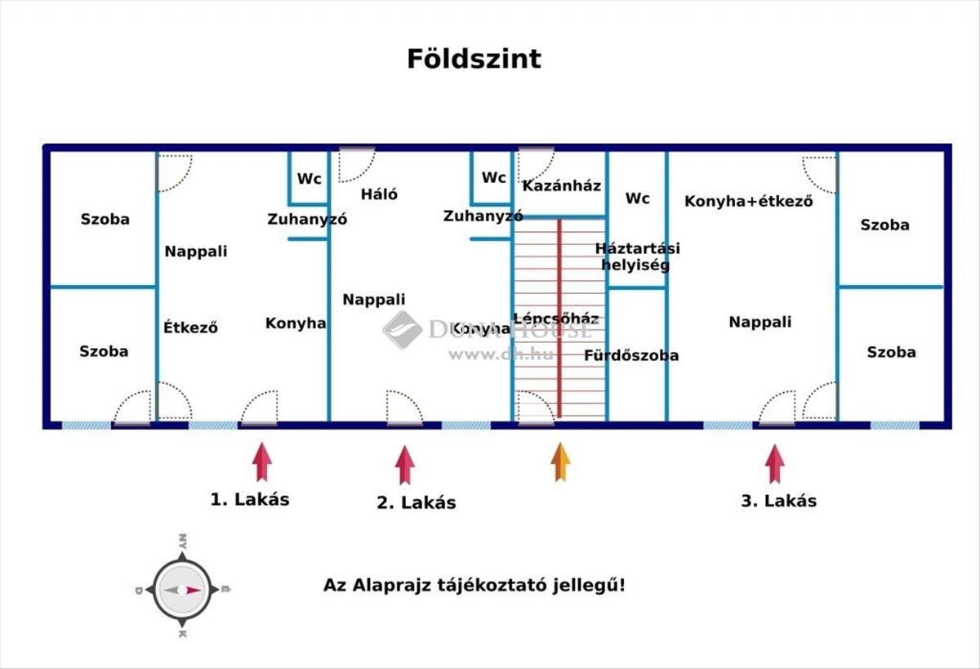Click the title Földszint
(x=474, y=59)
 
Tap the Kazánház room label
(x=562, y=186)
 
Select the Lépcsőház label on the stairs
(x=556, y=318)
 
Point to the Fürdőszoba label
(x=631, y=355)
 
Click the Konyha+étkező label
(x=749, y=201)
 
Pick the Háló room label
(x=379, y=194)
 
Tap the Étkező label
(x=190, y=328)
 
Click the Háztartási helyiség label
(x=638, y=256)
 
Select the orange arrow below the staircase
(x=560, y=462)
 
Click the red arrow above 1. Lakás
(x=262, y=462)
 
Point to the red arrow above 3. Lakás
(x=775, y=464)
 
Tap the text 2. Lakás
(x=416, y=502)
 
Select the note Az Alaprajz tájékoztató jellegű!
(x=474, y=585)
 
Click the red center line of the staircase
(x=559, y=318)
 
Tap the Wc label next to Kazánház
(x=493, y=177)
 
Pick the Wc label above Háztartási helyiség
(x=638, y=198)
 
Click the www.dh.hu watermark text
(x=501, y=354)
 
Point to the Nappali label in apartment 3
(x=760, y=322)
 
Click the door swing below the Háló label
(x=405, y=408)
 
